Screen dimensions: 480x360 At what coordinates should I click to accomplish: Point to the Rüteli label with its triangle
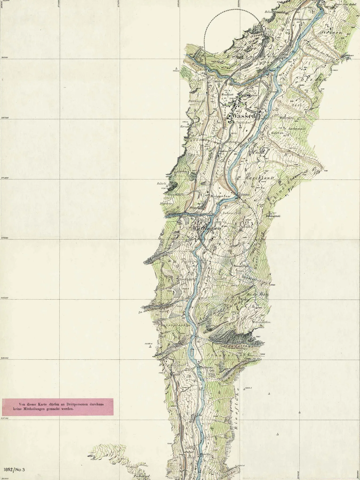click(162, 184)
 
